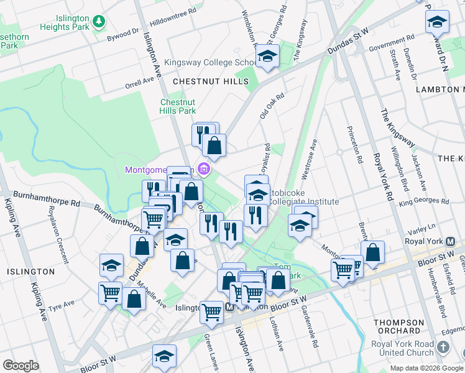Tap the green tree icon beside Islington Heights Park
point(98,22)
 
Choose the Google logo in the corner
point(21,366)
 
